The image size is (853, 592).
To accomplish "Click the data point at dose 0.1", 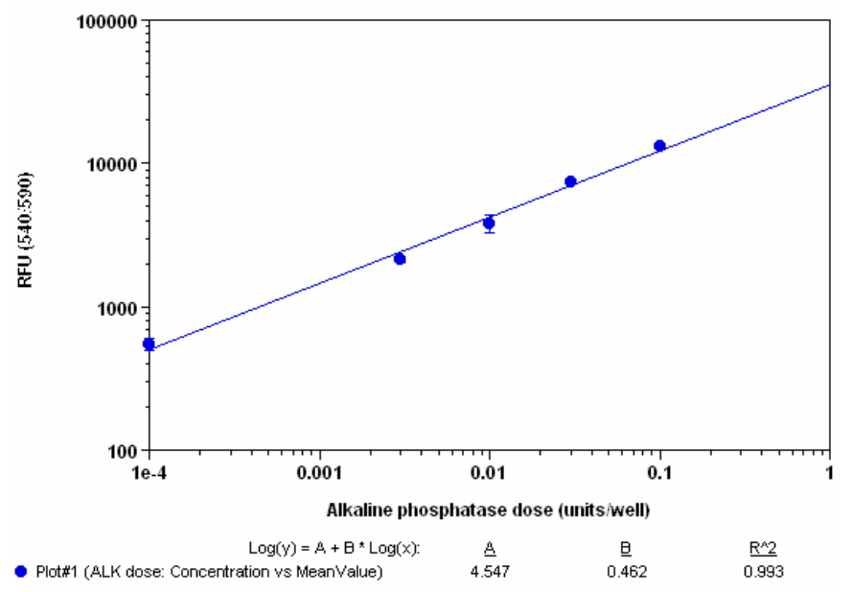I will click(x=659, y=146).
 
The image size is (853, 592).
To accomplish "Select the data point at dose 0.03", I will click(x=570, y=181).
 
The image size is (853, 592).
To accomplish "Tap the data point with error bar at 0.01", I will click(x=489, y=223).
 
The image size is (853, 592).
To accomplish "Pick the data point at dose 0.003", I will click(x=400, y=258).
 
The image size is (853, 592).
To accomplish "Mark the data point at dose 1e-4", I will click(x=149, y=343).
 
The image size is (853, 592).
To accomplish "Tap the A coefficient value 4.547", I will click(x=489, y=573).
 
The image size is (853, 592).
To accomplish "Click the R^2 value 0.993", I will click(x=764, y=573).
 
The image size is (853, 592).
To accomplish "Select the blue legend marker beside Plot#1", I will click(x=21, y=573).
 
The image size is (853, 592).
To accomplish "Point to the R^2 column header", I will click(x=764, y=548).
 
